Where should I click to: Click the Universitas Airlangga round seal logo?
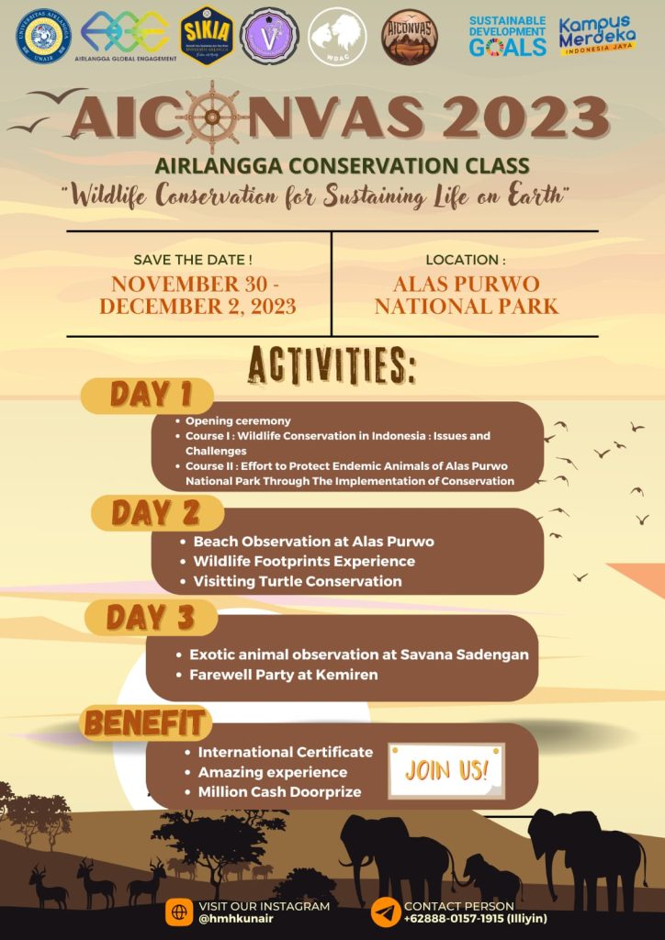(44, 37)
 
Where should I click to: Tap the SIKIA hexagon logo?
(206, 37)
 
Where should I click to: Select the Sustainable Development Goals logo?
(507, 37)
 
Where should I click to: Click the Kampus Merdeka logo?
(597, 37)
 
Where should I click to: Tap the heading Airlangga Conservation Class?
(343, 166)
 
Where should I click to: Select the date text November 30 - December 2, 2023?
(197, 295)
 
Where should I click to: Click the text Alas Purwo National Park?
(466, 295)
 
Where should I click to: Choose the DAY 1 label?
(151, 395)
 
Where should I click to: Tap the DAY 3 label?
(151, 618)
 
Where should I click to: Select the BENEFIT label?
(144, 723)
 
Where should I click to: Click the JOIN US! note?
(447, 769)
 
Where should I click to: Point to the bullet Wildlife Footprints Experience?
(304, 561)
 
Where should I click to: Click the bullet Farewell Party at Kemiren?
(283, 676)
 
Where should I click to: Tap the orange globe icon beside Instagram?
(178, 912)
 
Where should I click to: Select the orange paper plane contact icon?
(386, 912)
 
